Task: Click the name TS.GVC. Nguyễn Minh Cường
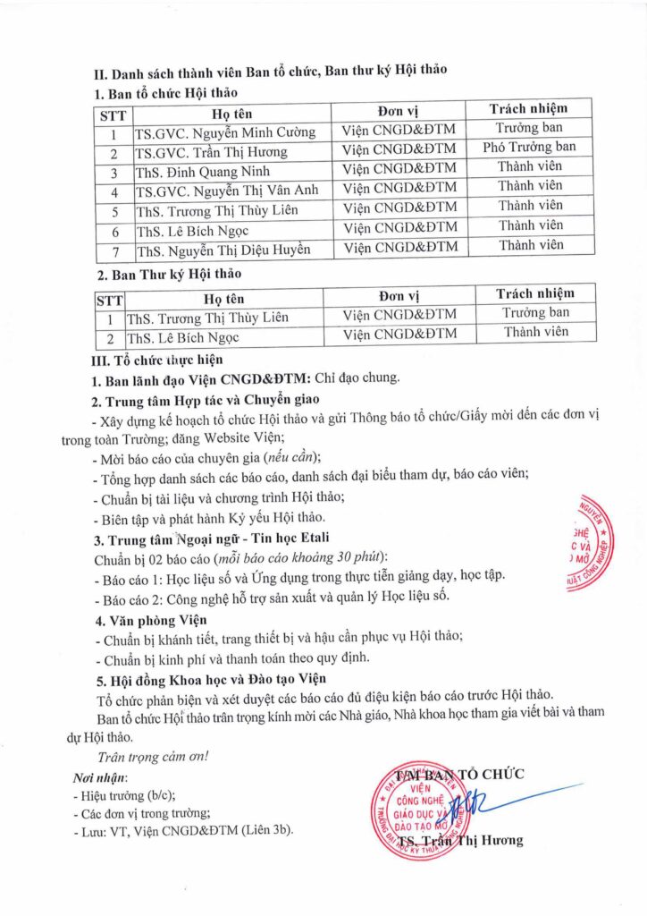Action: click(224, 131)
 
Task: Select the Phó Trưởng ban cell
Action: click(529, 147)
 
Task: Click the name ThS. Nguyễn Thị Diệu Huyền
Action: click(223, 249)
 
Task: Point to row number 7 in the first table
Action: click(113, 249)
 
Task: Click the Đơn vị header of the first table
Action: click(399, 111)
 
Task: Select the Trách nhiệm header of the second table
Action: click(535, 293)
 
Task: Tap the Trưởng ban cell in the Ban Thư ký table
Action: click(535, 313)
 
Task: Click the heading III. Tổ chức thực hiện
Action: click(156, 360)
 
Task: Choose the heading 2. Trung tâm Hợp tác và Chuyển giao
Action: click(200, 399)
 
